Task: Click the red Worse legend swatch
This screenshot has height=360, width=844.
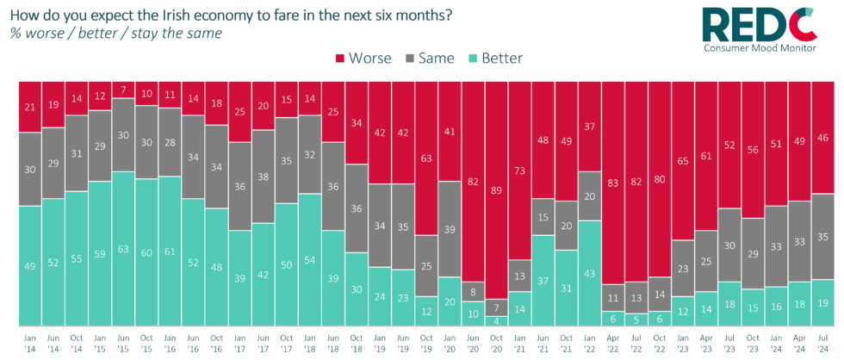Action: (339, 59)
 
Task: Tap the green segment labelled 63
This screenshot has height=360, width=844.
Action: (124, 251)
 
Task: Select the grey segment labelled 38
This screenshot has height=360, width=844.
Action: (264, 177)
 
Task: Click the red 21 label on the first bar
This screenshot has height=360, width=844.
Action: (30, 106)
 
